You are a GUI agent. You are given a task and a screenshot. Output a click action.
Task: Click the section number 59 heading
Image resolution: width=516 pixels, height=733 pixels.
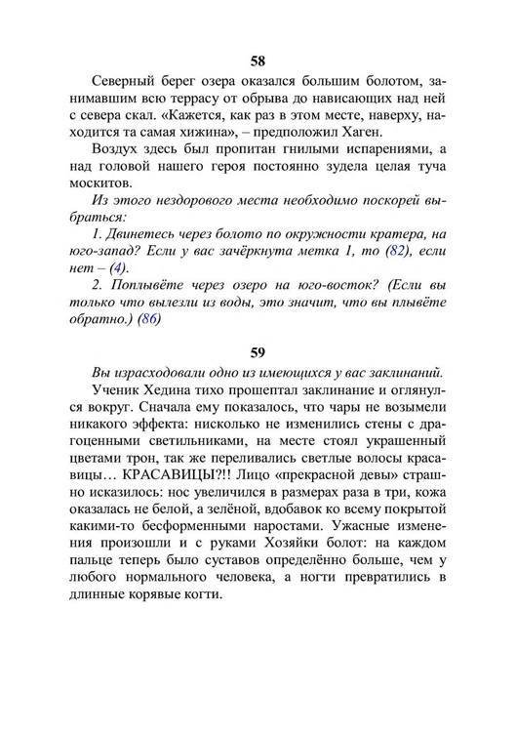pyautogui.click(x=258, y=349)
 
